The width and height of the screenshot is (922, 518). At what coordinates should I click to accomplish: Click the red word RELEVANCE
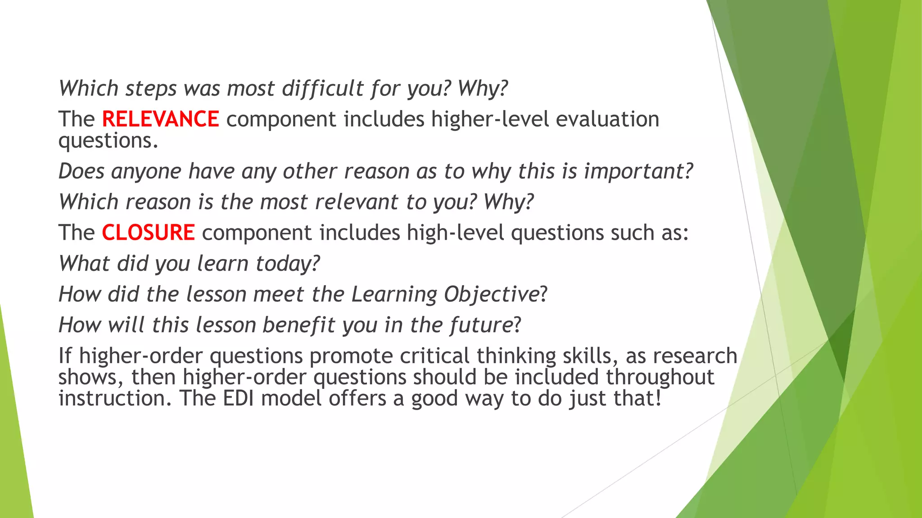160,120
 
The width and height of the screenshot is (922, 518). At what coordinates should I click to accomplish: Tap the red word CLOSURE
148,233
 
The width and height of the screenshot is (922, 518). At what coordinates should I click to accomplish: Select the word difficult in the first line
322,89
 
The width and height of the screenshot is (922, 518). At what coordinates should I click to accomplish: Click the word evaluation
607,120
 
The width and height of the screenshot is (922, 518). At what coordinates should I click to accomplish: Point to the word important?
638,172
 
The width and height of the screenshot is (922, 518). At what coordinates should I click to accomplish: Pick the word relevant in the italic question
357,202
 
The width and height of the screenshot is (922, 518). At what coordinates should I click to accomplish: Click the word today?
287,264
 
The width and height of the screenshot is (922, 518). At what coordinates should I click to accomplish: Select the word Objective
491,295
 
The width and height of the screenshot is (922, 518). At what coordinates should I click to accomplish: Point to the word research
695,356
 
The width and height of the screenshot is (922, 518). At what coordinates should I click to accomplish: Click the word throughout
660,377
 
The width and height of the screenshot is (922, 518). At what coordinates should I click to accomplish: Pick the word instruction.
115,398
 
